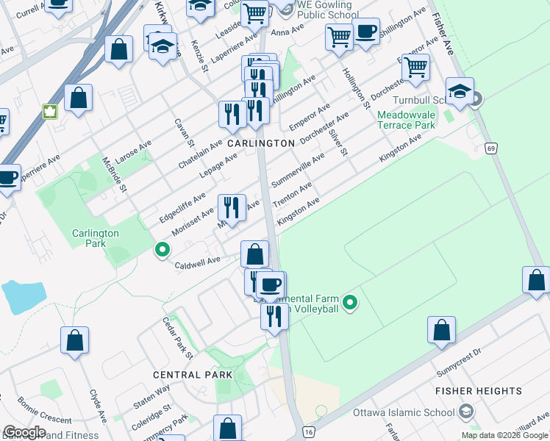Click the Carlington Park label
(x=96, y=237)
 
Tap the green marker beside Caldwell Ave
(x=162, y=251)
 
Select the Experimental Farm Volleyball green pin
(x=351, y=302)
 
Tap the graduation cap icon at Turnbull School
(x=460, y=92)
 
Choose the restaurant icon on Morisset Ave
(x=232, y=207)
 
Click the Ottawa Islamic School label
(x=404, y=412)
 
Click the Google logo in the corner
(x=25, y=432)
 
